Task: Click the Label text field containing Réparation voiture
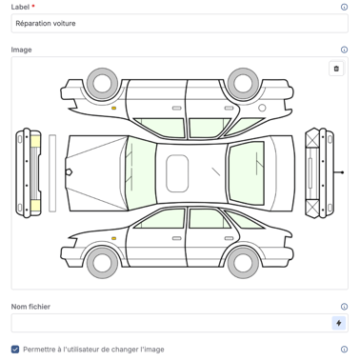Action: click(x=179, y=23)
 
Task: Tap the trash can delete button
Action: click(x=336, y=69)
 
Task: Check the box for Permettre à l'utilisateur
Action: click(x=15, y=350)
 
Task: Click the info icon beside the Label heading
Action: click(x=344, y=7)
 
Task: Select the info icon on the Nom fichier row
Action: click(x=344, y=307)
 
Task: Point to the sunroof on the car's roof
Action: click(x=177, y=173)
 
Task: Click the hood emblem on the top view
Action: click(x=69, y=172)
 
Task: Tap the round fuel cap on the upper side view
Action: click(x=262, y=108)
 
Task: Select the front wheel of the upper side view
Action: click(x=103, y=83)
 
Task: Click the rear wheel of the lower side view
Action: click(x=243, y=263)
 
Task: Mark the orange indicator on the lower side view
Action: click(x=113, y=238)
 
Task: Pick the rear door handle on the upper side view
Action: click(x=229, y=109)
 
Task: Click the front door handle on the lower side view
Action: click(x=177, y=238)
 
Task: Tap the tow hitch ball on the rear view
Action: click(x=342, y=172)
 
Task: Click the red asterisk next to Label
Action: click(x=33, y=6)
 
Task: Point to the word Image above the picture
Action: click(x=21, y=50)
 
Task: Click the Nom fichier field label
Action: click(x=30, y=307)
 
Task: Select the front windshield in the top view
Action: click(x=140, y=173)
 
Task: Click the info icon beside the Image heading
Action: click(x=344, y=50)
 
